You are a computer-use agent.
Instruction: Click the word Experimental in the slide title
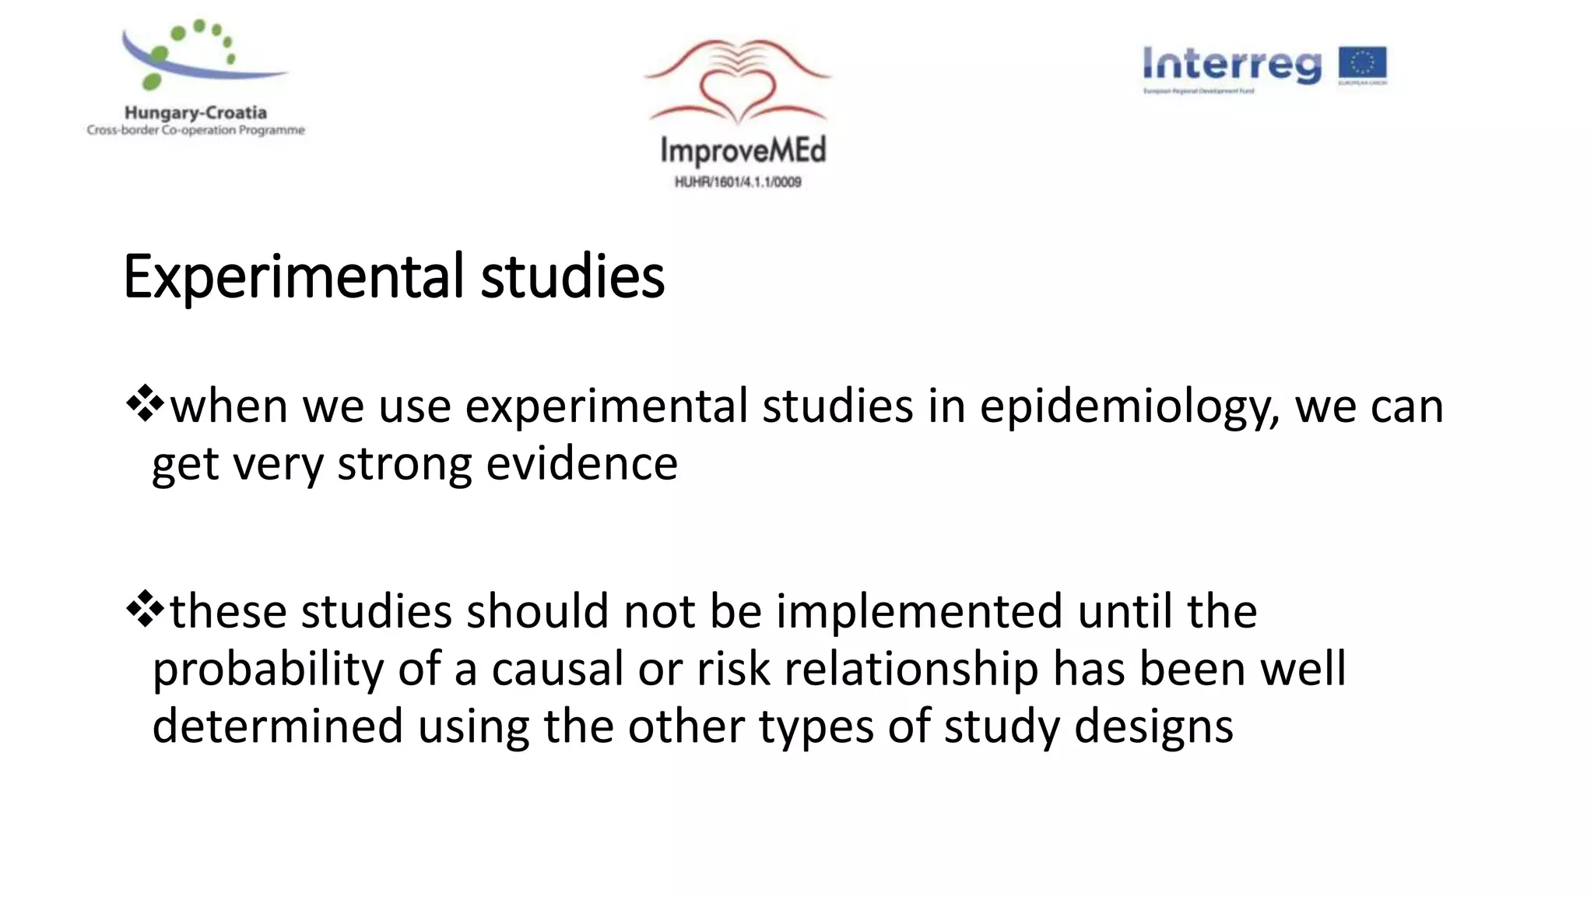pyautogui.click(x=293, y=277)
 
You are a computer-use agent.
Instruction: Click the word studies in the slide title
pyautogui.click(x=572, y=277)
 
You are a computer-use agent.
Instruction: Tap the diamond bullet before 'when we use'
pyautogui.click(x=145, y=405)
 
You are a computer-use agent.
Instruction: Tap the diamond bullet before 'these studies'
pyautogui.click(x=145, y=610)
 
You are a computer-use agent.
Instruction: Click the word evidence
pyautogui.click(x=581, y=464)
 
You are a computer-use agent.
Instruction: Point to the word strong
pyautogui.click(x=403, y=466)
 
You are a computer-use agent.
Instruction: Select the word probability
pyautogui.click(x=268, y=670)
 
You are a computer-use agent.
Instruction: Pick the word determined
pyautogui.click(x=277, y=726)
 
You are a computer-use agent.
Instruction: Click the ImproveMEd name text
pyautogui.click(x=743, y=150)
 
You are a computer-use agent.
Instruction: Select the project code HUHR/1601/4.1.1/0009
pyautogui.click(x=738, y=182)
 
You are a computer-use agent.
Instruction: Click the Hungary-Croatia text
pyautogui.click(x=195, y=113)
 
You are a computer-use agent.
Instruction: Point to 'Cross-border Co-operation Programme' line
pyautogui.click(x=195, y=130)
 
